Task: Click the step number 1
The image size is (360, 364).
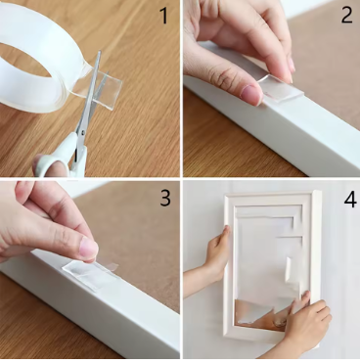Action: (x=164, y=16)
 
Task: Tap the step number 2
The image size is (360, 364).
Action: (x=346, y=15)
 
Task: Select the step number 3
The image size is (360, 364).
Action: (x=165, y=198)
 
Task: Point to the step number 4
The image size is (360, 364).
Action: (x=350, y=200)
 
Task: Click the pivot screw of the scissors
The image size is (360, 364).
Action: (x=82, y=132)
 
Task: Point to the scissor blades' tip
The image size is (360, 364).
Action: (x=100, y=52)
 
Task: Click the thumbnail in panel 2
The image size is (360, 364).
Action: (x=250, y=94)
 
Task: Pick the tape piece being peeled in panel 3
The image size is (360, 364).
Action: (x=90, y=273)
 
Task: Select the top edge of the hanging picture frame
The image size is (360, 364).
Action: (x=271, y=196)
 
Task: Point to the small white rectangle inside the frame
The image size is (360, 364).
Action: (x=289, y=270)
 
